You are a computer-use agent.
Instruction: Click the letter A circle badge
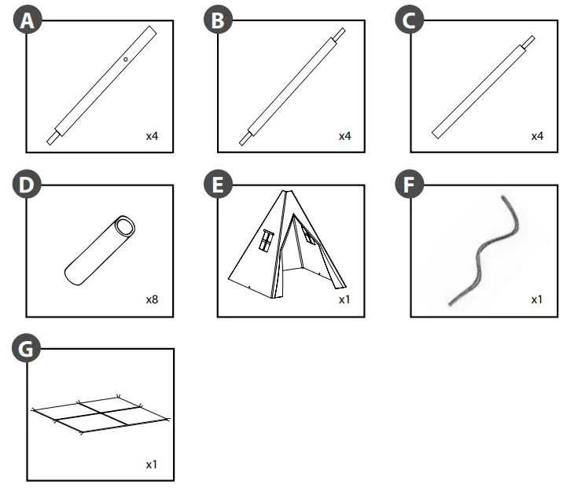29,21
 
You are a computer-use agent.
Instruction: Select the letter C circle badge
407,21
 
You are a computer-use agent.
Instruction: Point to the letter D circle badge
29,185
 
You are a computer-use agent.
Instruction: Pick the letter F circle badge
407,185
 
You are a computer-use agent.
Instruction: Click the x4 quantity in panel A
152,136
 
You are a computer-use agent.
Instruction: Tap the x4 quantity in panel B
344,136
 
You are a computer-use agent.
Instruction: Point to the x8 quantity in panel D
152,299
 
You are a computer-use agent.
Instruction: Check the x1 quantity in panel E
344,299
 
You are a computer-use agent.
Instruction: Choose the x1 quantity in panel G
152,464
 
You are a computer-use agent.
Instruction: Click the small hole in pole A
125,58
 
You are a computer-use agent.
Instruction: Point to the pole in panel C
483,87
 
